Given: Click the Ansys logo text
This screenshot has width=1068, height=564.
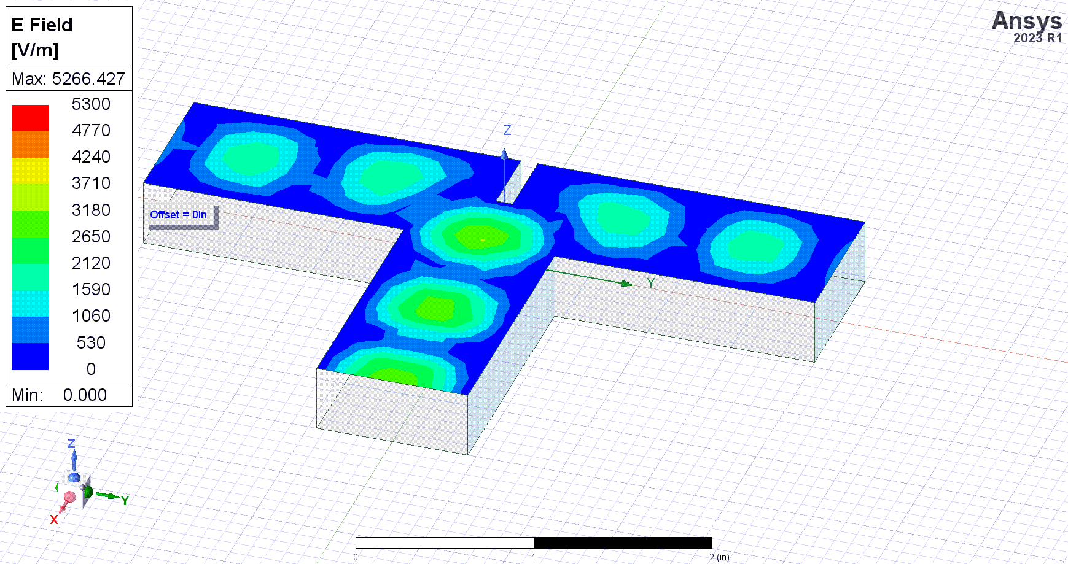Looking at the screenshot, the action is [x=1027, y=21].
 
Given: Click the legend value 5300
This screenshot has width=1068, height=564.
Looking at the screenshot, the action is [x=91, y=104].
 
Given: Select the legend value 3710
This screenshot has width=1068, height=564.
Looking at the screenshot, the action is [x=91, y=183].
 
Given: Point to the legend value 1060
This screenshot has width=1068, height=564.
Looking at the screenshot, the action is [x=91, y=315].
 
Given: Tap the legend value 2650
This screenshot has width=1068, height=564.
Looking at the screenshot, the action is [x=91, y=236].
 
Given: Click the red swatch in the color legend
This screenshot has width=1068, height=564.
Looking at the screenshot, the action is [x=30, y=118].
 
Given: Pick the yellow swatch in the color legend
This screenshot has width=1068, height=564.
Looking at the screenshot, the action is [x=30, y=171].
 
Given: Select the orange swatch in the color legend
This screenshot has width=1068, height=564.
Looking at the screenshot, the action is [x=30, y=144].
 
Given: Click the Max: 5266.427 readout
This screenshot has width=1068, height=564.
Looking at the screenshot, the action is [x=68, y=79].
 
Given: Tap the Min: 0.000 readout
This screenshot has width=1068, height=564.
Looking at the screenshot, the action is [x=59, y=395].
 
